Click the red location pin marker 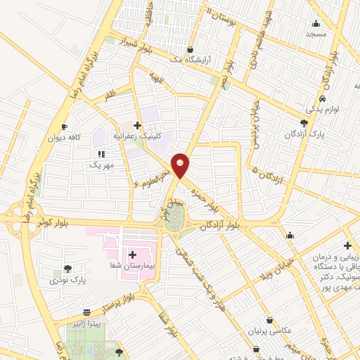(181, 165)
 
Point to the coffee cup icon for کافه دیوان (64, 127)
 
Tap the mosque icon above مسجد (316, 22)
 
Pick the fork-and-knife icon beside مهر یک (101, 153)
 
